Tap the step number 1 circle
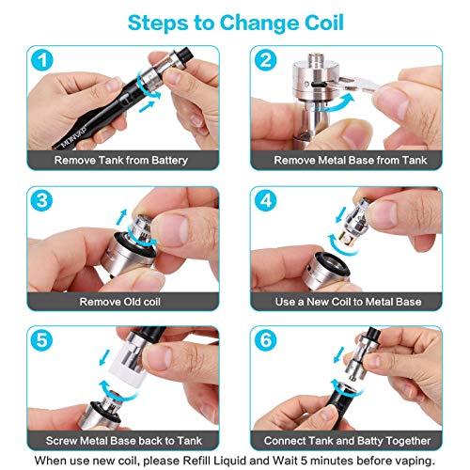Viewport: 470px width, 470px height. click(x=42, y=60)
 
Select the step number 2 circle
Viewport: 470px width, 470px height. click(x=266, y=60)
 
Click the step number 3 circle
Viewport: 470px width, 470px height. click(x=42, y=200)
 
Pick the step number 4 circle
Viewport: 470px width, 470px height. click(x=266, y=200)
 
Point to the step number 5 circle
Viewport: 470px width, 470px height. click(x=42, y=340)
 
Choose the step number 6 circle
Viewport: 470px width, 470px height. click(x=266, y=340)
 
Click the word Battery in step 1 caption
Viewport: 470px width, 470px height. click(x=169, y=161)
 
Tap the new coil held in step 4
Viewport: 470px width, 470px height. click(x=355, y=223)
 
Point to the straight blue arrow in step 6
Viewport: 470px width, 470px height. click(x=338, y=355)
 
